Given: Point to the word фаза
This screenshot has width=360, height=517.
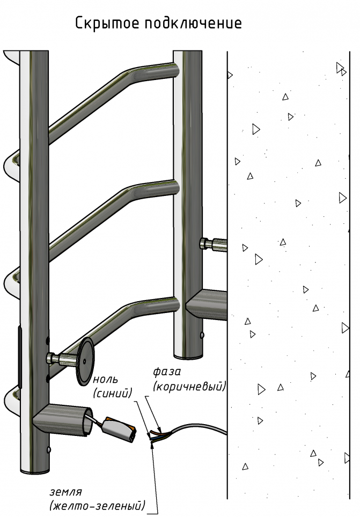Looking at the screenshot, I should (x=167, y=372).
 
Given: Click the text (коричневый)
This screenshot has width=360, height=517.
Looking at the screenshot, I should (x=189, y=386).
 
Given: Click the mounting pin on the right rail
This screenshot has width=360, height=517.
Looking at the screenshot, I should (x=213, y=245).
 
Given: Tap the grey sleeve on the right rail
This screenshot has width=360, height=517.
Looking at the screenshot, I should (x=207, y=305).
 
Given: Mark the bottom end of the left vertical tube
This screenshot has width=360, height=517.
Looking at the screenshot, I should (x=35, y=469).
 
